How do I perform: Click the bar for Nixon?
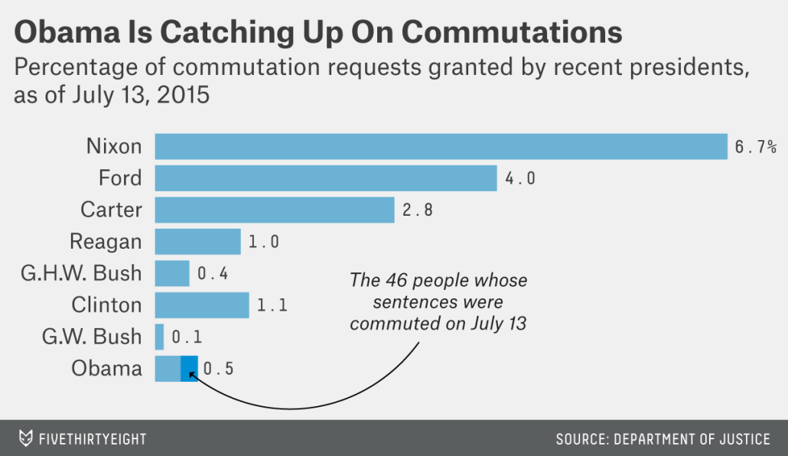pos(441,146)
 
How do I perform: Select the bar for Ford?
pos(326,178)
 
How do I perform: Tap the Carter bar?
pos(275,210)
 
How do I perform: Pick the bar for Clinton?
pos(202,305)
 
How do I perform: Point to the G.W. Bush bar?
pos(159,337)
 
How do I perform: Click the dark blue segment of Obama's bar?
pos(189,368)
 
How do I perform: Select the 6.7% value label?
pos(755,147)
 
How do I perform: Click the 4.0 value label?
pos(520,179)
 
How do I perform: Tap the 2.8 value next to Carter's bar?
pos(418,210)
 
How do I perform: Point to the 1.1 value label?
pos(272,306)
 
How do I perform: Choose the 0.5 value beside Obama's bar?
pos(219,369)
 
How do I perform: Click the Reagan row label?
pos(106,242)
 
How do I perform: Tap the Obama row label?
pos(106,368)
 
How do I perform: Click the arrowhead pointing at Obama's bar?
pos(192,374)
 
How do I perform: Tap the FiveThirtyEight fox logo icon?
pos(26,438)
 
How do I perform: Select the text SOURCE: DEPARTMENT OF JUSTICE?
pos(663,439)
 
